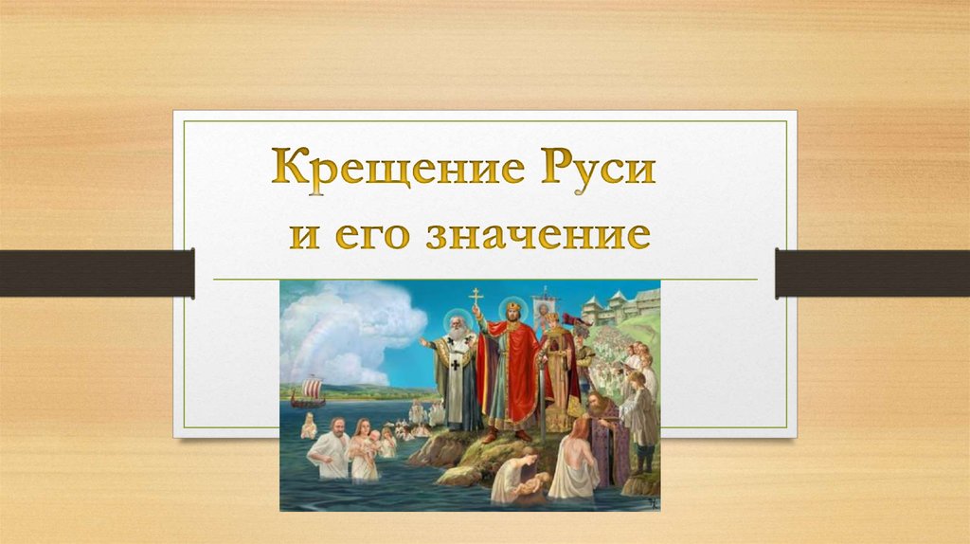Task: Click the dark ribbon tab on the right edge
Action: pyautogui.click(x=871, y=273)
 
